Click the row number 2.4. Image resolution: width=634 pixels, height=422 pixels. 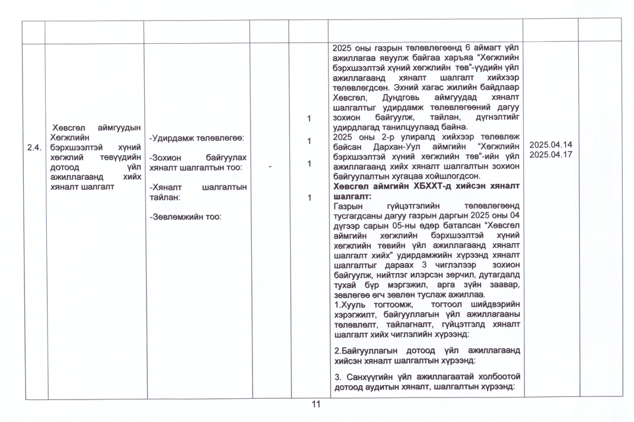pyautogui.click(x=33, y=148)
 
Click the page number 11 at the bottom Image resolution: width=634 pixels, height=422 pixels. pyautogui.click(x=316, y=404)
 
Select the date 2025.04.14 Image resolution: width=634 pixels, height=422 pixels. pyautogui.click(x=551, y=145)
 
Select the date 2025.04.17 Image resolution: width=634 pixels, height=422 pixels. pyautogui.click(x=551, y=154)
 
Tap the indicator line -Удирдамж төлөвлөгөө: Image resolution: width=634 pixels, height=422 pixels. pyautogui.click(x=196, y=137)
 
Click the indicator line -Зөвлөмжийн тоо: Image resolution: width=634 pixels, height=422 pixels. pyautogui.click(x=187, y=217)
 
